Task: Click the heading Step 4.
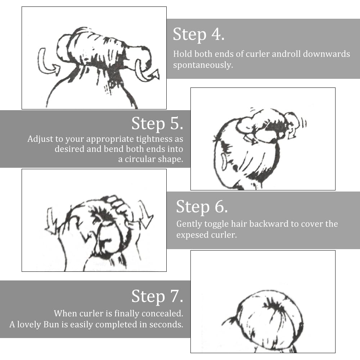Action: (199, 34)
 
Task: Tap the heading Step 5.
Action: (157, 123)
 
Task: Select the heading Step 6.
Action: (202, 207)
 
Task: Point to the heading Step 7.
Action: (157, 296)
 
